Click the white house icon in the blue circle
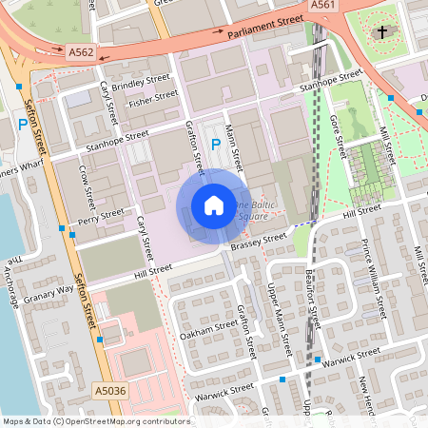tap(213, 204)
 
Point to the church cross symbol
tap(382, 32)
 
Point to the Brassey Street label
tap(258, 243)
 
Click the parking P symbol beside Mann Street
tap(216, 145)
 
